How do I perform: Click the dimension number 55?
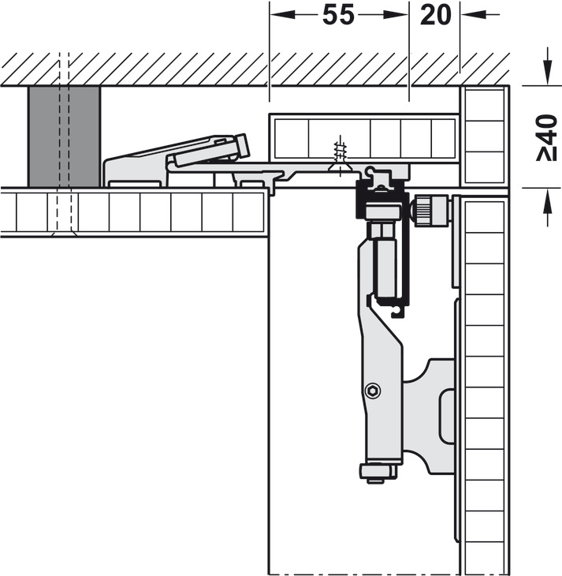(x=338, y=16)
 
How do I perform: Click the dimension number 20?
(x=435, y=16)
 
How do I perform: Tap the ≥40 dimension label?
(x=547, y=138)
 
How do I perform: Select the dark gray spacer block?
(x=64, y=137)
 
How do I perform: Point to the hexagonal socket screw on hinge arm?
(x=373, y=391)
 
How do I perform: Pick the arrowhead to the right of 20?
(x=473, y=15)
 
